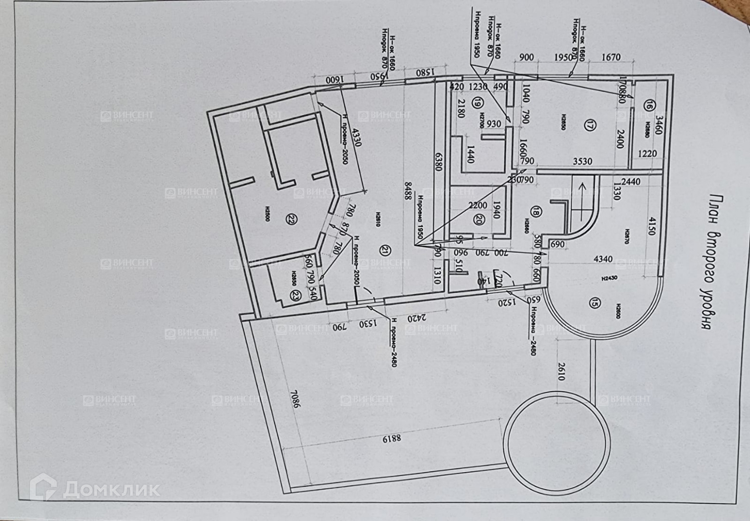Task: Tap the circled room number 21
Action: [x=385, y=249]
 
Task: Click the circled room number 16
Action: [x=650, y=106]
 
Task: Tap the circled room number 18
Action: [x=535, y=211]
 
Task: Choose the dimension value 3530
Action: [x=583, y=162]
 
